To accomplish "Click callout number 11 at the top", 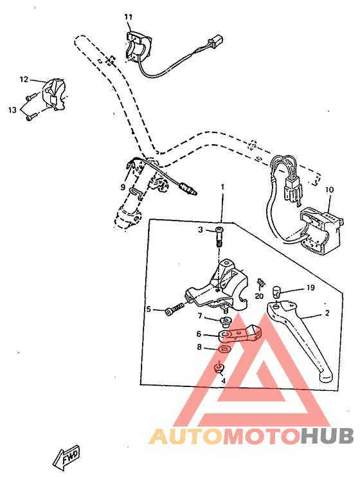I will click(127, 16).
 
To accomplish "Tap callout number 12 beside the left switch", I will click(24, 80).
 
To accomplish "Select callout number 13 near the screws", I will click(12, 110).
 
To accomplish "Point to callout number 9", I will click(123, 188).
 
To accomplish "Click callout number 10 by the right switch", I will click(329, 190).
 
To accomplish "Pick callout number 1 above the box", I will click(222, 187).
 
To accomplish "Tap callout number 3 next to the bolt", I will click(201, 230).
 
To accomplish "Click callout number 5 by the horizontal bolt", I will click(148, 309).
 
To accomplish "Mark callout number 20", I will click(259, 296).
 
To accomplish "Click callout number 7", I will click(200, 316).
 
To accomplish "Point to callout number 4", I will click(223, 381).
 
